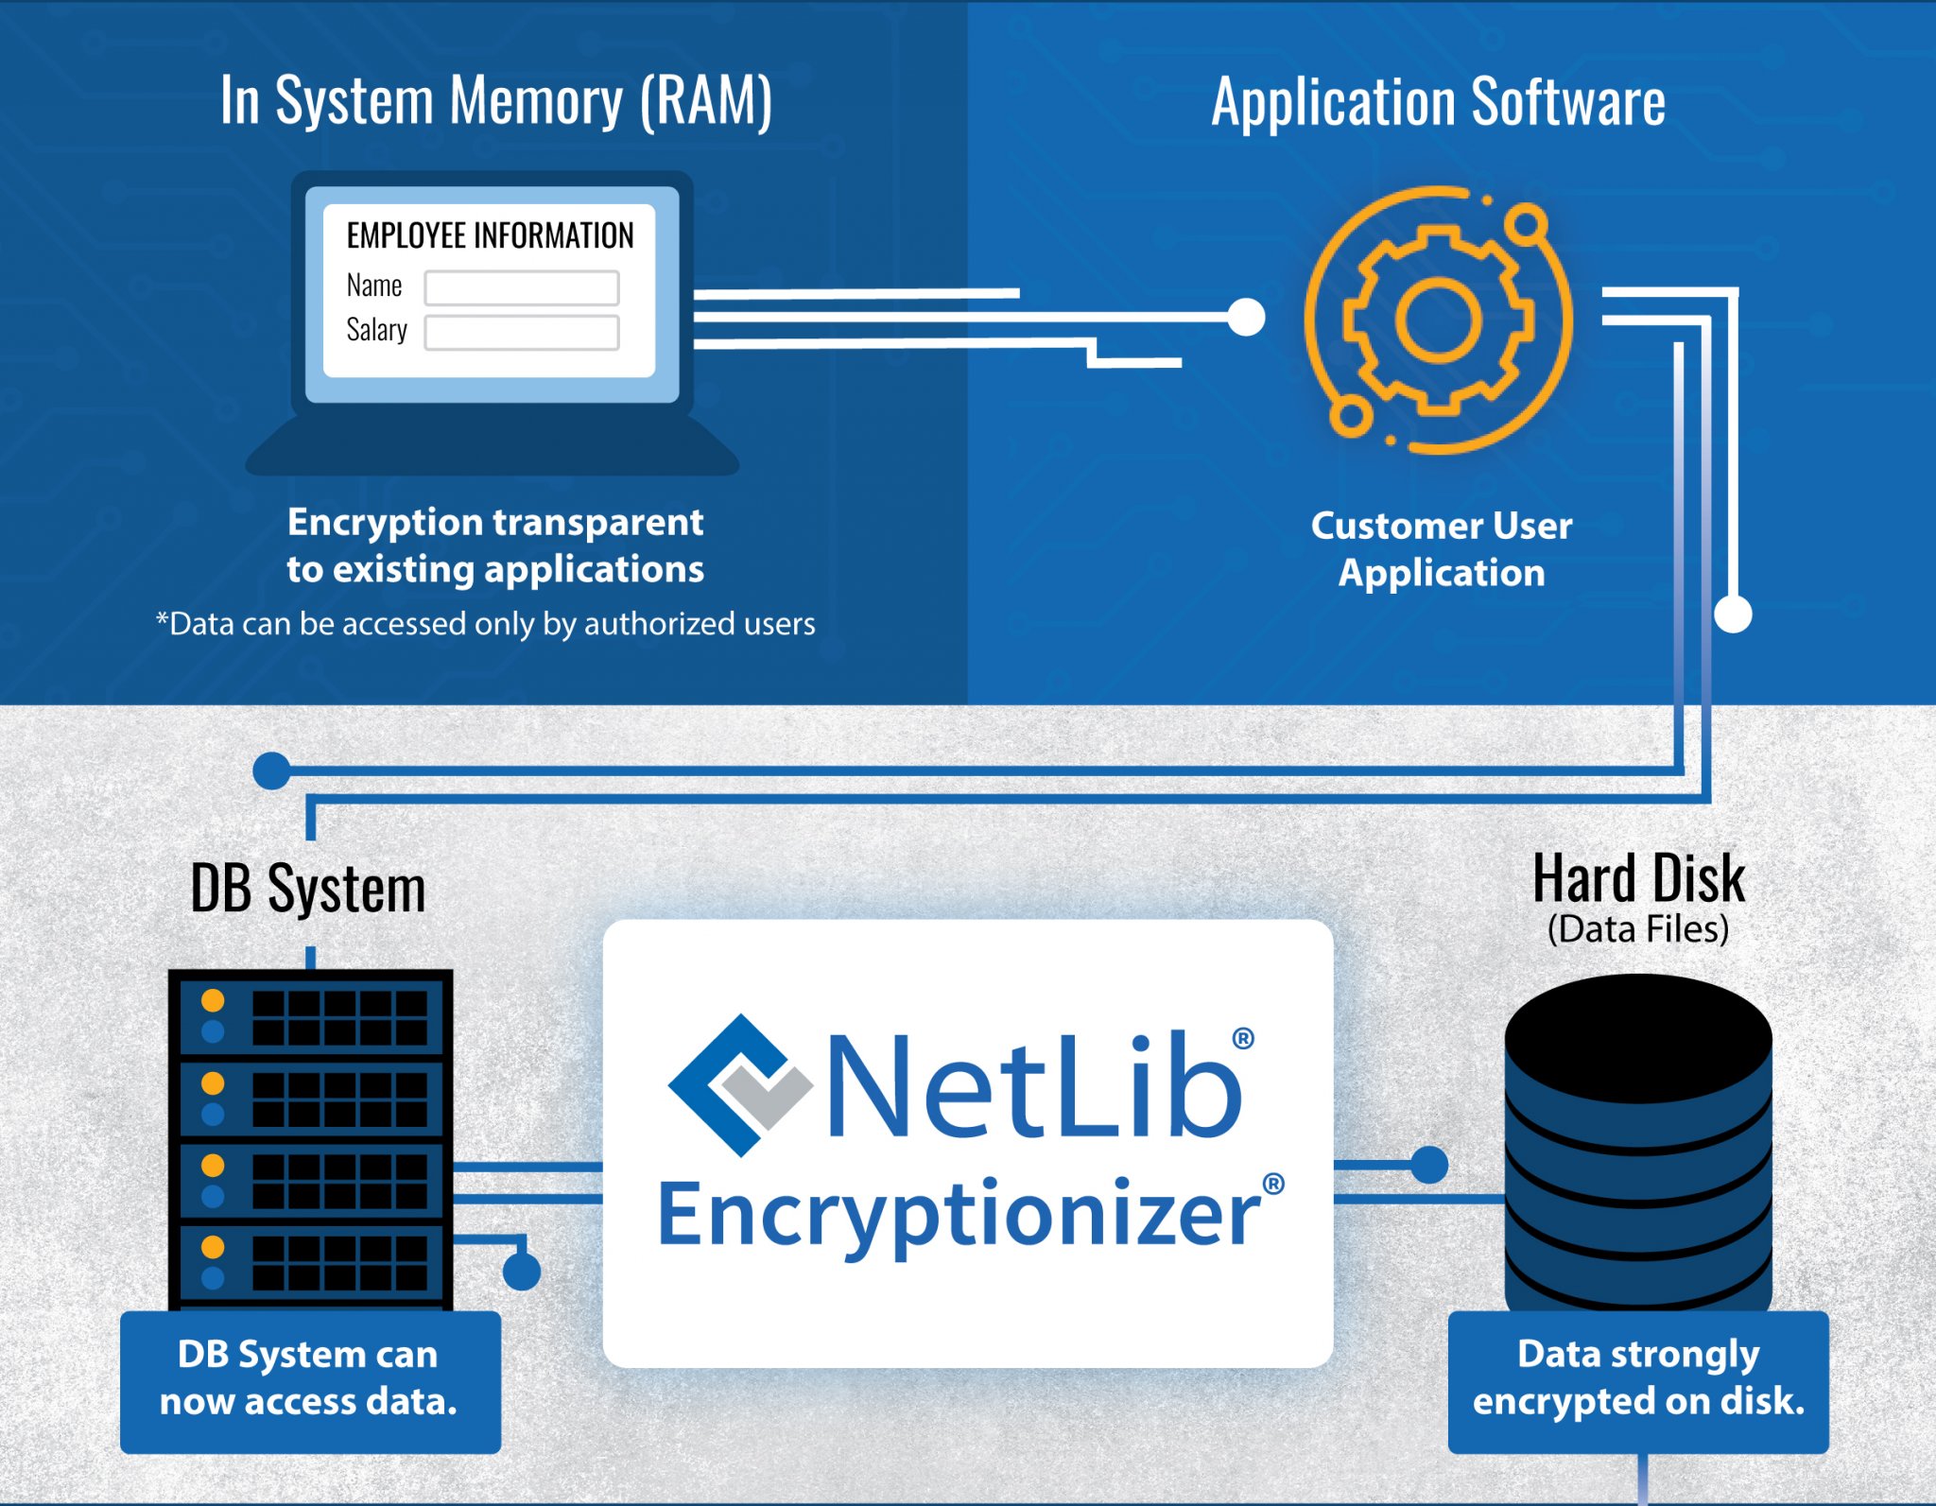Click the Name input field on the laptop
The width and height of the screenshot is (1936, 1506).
pyautogui.click(x=522, y=287)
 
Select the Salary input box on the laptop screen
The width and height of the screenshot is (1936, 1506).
pyautogui.click(x=522, y=333)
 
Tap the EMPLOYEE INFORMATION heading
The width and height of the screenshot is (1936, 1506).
pyautogui.click(x=490, y=235)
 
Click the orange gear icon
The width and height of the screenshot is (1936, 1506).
pyautogui.click(x=1438, y=320)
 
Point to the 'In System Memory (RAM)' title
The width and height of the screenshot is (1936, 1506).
pyautogui.click(x=496, y=100)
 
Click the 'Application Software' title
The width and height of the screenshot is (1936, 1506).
pyautogui.click(x=1438, y=102)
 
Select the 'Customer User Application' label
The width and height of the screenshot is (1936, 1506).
pyautogui.click(x=1442, y=548)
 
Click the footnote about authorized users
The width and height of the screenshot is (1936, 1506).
pyautogui.click(x=485, y=624)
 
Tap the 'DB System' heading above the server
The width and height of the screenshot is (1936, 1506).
pyautogui.click(x=308, y=889)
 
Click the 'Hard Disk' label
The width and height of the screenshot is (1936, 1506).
pyautogui.click(x=1638, y=879)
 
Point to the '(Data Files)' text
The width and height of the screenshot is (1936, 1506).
pyautogui.click(x=1638, y=929)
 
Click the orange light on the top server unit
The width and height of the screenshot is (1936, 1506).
pyautogui.click(x=214, y=1000)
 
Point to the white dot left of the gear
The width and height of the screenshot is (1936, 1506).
pyautogui.click(x=1246, y=318)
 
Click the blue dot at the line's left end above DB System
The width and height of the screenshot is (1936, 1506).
pyautogui.click(x=272, y=770)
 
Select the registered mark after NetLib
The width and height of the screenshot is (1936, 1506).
pyautogui.click(x=1243, y=1038)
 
